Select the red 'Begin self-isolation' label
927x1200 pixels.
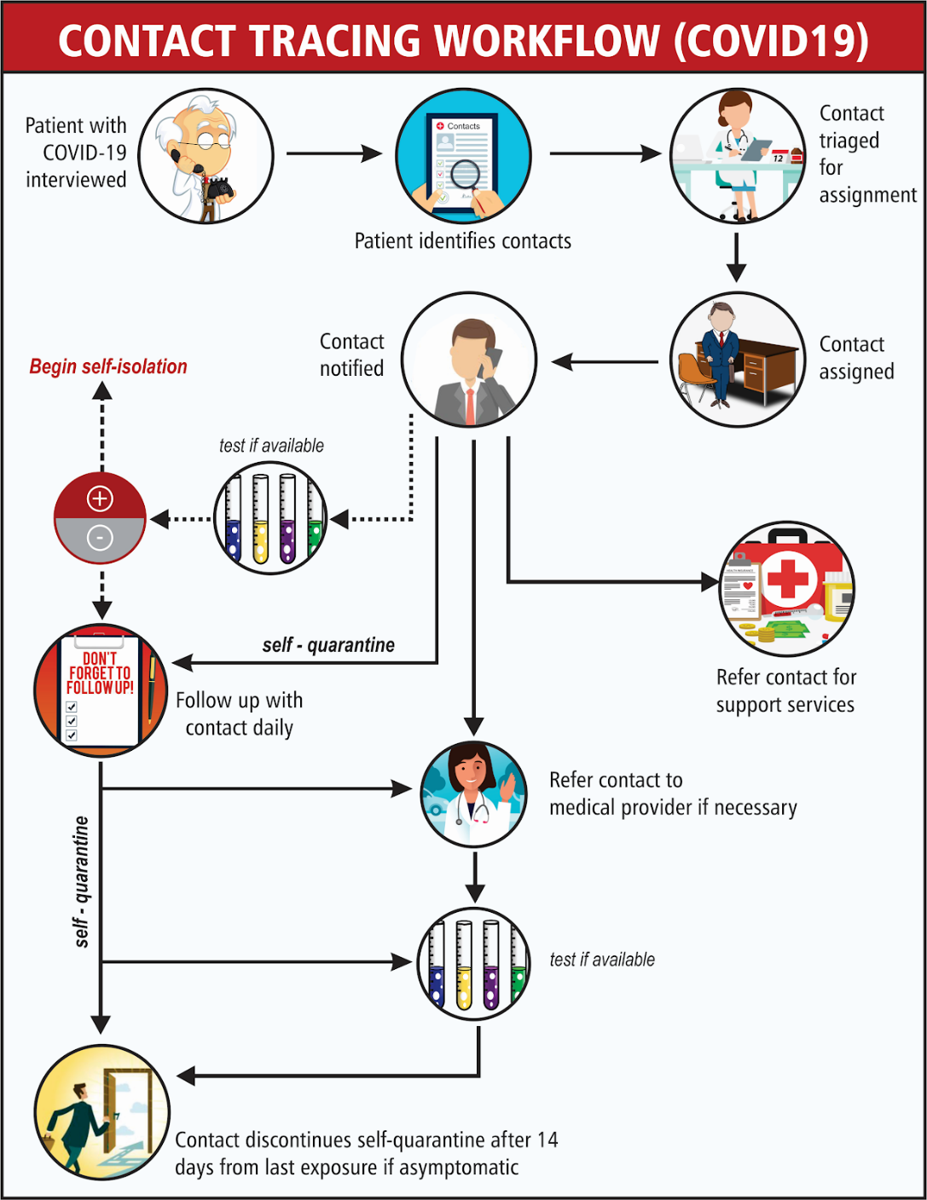click(108, 366)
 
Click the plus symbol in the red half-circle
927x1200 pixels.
click(100, 499)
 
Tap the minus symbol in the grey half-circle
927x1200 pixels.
click(100, 538)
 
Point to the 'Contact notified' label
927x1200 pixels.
click(351, 355)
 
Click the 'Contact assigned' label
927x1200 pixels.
click(856, 358)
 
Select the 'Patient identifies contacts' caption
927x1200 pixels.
click(462, 241)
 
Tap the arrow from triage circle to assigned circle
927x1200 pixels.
click(736, 257)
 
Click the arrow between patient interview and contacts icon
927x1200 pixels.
click(333, 153)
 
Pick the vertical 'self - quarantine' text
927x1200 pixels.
click(81, 881)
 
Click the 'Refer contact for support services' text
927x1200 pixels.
click(785, 690)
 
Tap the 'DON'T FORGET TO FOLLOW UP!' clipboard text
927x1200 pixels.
click(100, 673)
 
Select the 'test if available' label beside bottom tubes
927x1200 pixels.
click(602, 960)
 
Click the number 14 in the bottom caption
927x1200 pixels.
click(548, 1139)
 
